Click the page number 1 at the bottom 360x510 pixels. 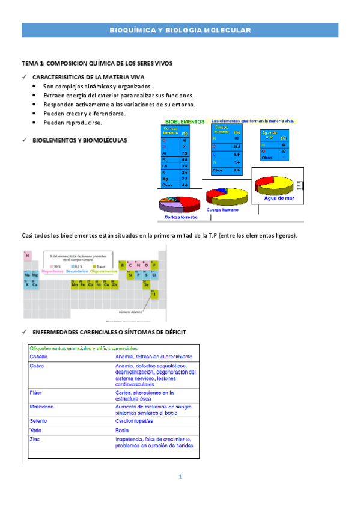(x=180, y=477)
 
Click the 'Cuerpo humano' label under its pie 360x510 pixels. (x=222, y=210)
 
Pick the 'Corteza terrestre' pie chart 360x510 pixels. (x=178, y=204)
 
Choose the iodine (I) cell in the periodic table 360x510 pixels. (x=154, y=294)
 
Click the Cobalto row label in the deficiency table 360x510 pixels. (x=38, y=357)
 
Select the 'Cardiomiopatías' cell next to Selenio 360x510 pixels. (x=136, y=421)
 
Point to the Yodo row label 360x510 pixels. (x=35, y=431)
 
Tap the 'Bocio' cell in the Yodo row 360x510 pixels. (x=122, y=431)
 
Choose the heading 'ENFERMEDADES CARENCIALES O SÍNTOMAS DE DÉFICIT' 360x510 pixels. (x=109, y=332)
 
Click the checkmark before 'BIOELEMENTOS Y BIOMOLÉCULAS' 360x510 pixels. (x=24, y=140)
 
